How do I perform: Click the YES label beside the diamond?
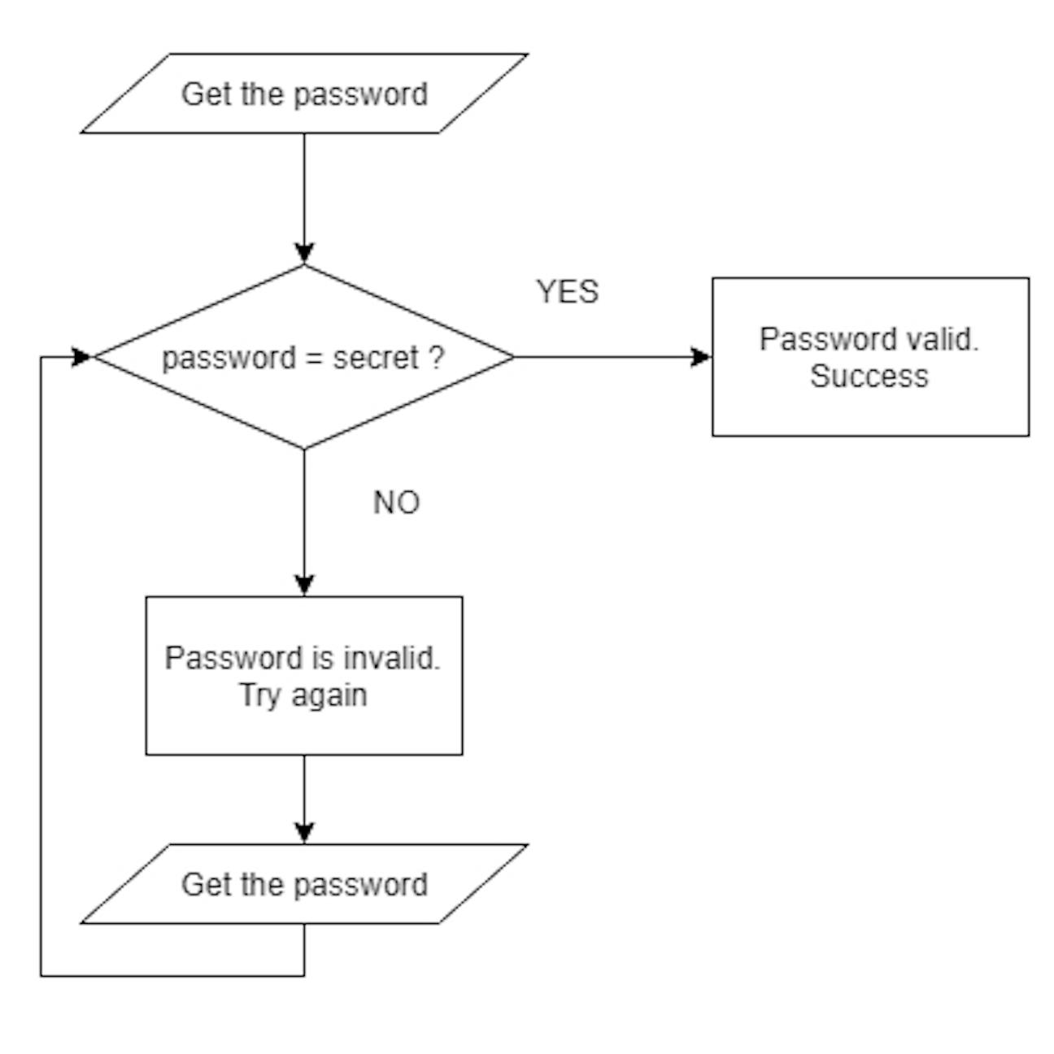click(567, 292)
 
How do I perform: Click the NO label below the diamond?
click(396, 503)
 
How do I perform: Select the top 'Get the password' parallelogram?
click(304, 94)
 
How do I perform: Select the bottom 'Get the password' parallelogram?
click(304, 884)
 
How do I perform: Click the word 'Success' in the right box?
click(869, 377)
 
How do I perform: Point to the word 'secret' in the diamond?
click(376, 358)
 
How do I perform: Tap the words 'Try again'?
click(303, 695)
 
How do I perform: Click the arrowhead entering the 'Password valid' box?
click(700, 357)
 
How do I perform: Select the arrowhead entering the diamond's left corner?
click(82, 357)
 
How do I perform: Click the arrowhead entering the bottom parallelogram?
click(304, 833)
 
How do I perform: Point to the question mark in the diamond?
click(437, 358)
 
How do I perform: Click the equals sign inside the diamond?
click(314, 359)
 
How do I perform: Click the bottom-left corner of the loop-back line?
click(41, 975)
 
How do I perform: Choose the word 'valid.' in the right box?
click(943, 339)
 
